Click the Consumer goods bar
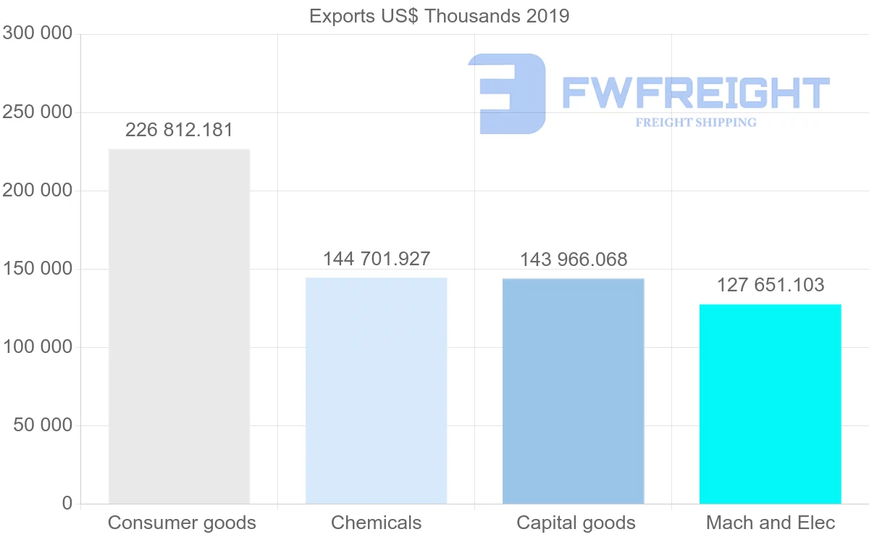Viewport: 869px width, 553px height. pyautogui.click(x=179, y=326)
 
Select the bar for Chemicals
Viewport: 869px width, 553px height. pyautogui.click(x=376, y=391)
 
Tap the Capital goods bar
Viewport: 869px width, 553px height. pyautogui.click(x=573, y=391)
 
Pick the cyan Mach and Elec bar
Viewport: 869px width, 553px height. pyautogui.click(x=770, y=404)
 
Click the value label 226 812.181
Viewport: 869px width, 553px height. pyautogui.click(x=179, y=130)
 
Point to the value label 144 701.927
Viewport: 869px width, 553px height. pyautogui.click(x=377, y=259)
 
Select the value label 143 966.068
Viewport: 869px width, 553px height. pyautogui.click(x=574, y=259)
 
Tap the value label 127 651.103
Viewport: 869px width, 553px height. pyautogui.click(x=771, y=285)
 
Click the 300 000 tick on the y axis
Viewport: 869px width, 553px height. pyautogui.click(x=38, y=33)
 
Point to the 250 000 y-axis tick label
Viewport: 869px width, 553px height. pyautogui.click(x=38, y=112)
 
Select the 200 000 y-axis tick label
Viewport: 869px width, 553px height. pyautogui.click(x=38, y=191)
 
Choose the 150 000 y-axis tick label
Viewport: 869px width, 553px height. pyautogui.click(x=38, y=269)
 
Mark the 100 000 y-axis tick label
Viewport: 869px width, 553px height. pyautogui.click(x=38, y=347)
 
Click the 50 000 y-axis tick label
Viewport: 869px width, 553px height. pyautogui.click(x=43, y=425)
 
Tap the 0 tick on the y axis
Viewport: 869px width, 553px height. pyautogui.click(x=67, y=503)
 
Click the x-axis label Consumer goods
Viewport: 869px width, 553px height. pyautogui.click(x=182, y=523)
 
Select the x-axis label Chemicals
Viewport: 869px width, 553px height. pyautogui.click(x=376, y=523)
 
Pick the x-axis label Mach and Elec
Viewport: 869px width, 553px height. pyautogui.click(x=771, y=523)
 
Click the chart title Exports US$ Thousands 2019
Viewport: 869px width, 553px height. pyautogui.click(x=439, y=16)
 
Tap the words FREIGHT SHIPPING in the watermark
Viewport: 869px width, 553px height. pyautogui.click(x=696, y=122)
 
